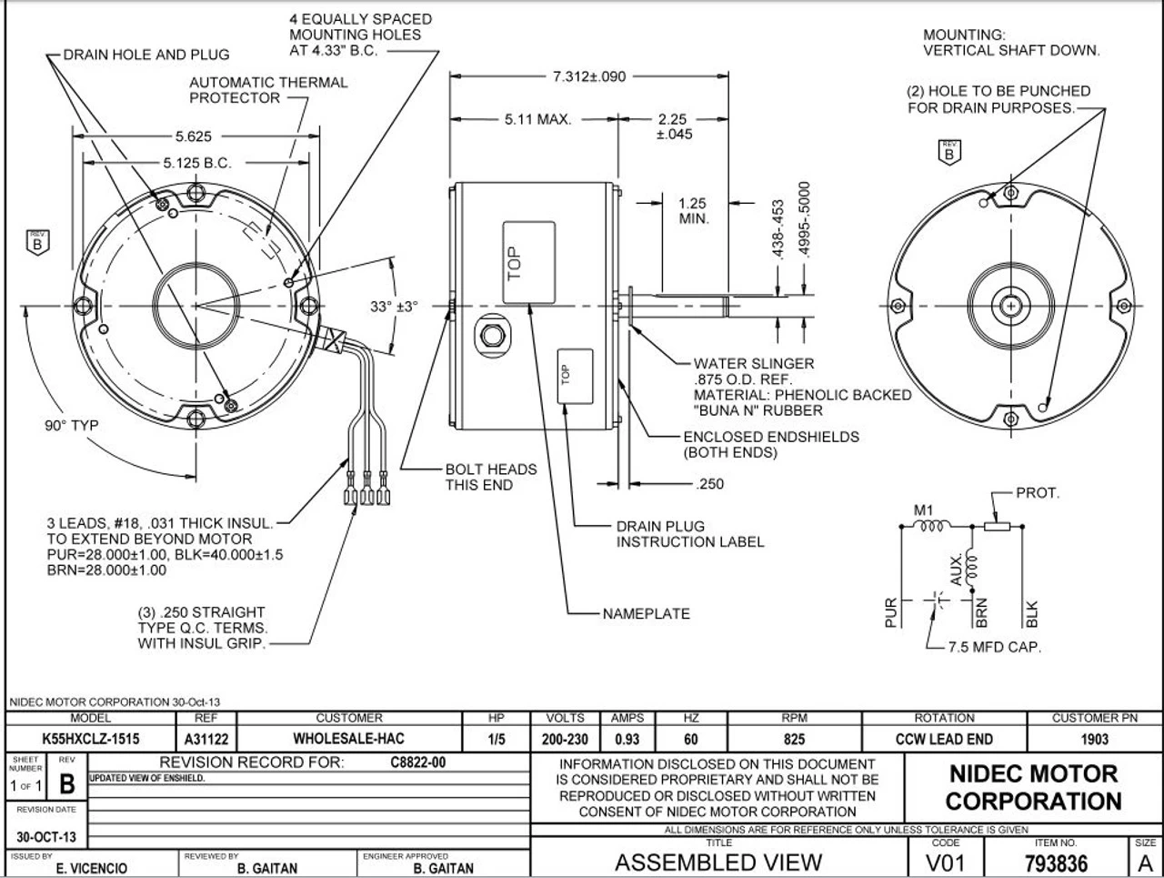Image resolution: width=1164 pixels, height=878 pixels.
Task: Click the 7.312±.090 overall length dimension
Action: pyautogui.click(x=588, y=76)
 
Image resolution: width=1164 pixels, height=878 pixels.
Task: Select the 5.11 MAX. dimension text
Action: pyautogui.click(x=537, y=119)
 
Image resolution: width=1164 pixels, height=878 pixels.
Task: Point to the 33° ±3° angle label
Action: pyautogui.click(x=393, y=307)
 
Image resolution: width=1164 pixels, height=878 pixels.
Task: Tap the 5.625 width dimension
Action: pyautogui.click(x=194, y=136)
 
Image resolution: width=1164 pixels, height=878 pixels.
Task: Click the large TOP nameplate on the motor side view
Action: pyautogui.click(x=528, y=261)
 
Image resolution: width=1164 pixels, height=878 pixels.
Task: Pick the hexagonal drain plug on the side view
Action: pyautogui.click(x=493, y=335)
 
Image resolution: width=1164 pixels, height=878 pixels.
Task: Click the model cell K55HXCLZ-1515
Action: pyautogui.click(x=91, y=740)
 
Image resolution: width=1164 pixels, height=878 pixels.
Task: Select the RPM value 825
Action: pyautogui.click(x=794, y=740)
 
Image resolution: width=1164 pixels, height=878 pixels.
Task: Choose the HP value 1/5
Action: pyautogui.click(x=497, y=740)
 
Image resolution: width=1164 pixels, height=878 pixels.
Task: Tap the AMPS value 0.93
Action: pyautogui.click(x=627, y=740)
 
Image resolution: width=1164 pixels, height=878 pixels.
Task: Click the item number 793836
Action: pyautogui.click(x=1056, y=863)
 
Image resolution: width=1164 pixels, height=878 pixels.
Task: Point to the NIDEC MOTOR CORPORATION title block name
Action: pyautogui.click(x=1033, y=788)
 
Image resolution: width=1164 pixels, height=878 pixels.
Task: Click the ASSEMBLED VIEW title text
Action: pyautogui.click(x=718, y=863)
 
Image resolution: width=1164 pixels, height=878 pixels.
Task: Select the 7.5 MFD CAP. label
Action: pyautogui.click(x=994, y=647)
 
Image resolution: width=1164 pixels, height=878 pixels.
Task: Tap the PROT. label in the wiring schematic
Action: pyautogui.click(x=1038, y=493)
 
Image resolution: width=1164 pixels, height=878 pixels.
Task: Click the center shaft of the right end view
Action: pyautogui.click(x=1011, y=307)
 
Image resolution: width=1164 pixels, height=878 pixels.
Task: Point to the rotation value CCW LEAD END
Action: pyautogui.click(x=944, y=740)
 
